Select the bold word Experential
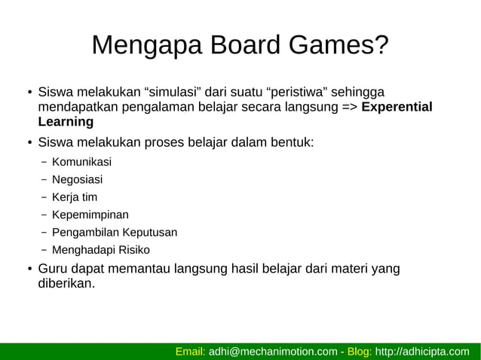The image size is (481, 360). [x=397, y=107]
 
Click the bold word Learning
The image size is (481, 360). [x=66, y=121]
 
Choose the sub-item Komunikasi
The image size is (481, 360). [x=81, y=162]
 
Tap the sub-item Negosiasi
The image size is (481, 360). [x=77, y=180]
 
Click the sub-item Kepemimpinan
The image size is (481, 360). [x=90, y=215]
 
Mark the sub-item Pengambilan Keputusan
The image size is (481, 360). [x=114, y=232]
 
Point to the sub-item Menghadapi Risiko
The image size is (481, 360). [x=100, y=249]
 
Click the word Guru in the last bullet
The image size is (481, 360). [x=54, y=269]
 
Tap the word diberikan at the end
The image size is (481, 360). [x=66, y=284]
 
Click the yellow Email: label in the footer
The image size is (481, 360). [x=190, y=351]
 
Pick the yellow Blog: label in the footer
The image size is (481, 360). [x=360, y=351]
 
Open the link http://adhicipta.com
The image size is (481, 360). [x=421, y=351]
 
